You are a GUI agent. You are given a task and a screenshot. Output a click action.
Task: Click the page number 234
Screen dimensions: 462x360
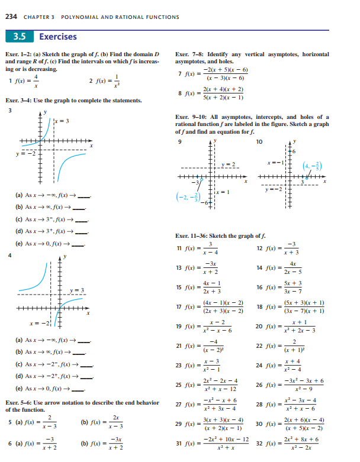[x=10, y=16]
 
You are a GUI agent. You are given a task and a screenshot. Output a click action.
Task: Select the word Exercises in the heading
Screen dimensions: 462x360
[x=58, y=37]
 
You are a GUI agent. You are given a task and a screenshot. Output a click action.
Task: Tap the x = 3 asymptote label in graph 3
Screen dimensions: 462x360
[x=63, y=121]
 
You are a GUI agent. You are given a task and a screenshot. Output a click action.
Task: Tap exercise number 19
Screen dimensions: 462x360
[x=180, y=327]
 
